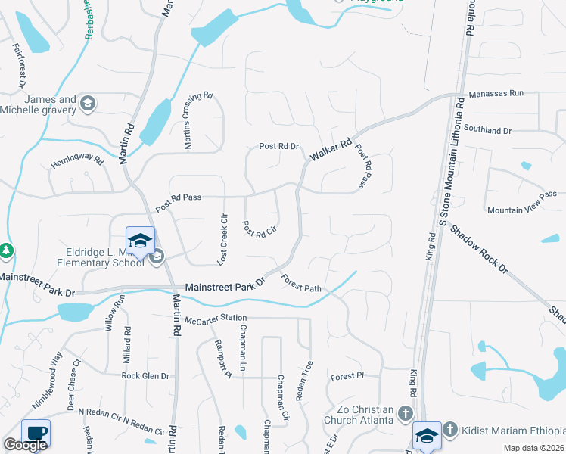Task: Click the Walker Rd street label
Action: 331,149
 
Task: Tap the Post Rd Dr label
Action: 279,146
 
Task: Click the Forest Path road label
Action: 301,283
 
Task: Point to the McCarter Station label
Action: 216,318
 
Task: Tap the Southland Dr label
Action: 488,130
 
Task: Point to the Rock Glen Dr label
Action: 147,375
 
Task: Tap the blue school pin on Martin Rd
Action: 140,241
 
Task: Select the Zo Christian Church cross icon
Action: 405,414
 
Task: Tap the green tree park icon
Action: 6,250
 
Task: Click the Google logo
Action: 25,445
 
